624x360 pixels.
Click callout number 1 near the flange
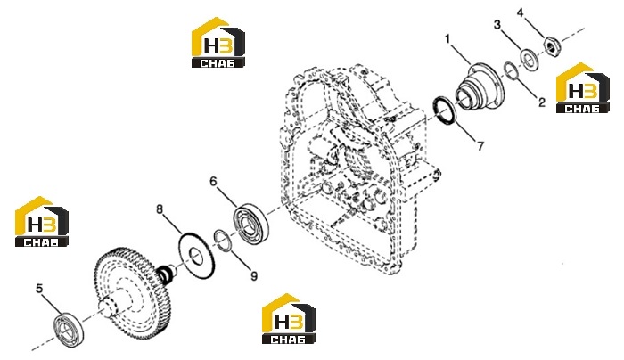pyautogui.click(x=447, y=39)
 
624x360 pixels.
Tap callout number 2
pyautogui.click(x=542, y=102)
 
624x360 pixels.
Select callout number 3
pyautogui.click(x=497, y=25)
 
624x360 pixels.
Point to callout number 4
pyautogui.click(x=521, y=12)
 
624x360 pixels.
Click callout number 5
pyautogui.click(x=39, y=289)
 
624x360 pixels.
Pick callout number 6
pyautogui.click(x=214, y=182)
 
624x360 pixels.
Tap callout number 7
pyautogui.click(x=480, y=146)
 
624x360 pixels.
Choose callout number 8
pyautogui.click(x=160, y=209)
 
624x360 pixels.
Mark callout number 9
pyautogui.click(x=254, y=275)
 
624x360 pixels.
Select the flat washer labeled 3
pyautogui.click(x=529, y=60)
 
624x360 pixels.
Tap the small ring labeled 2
pyautogui.click(x=511, y=70)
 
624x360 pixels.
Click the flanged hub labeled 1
pyautogui.click(x=480, y=87)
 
